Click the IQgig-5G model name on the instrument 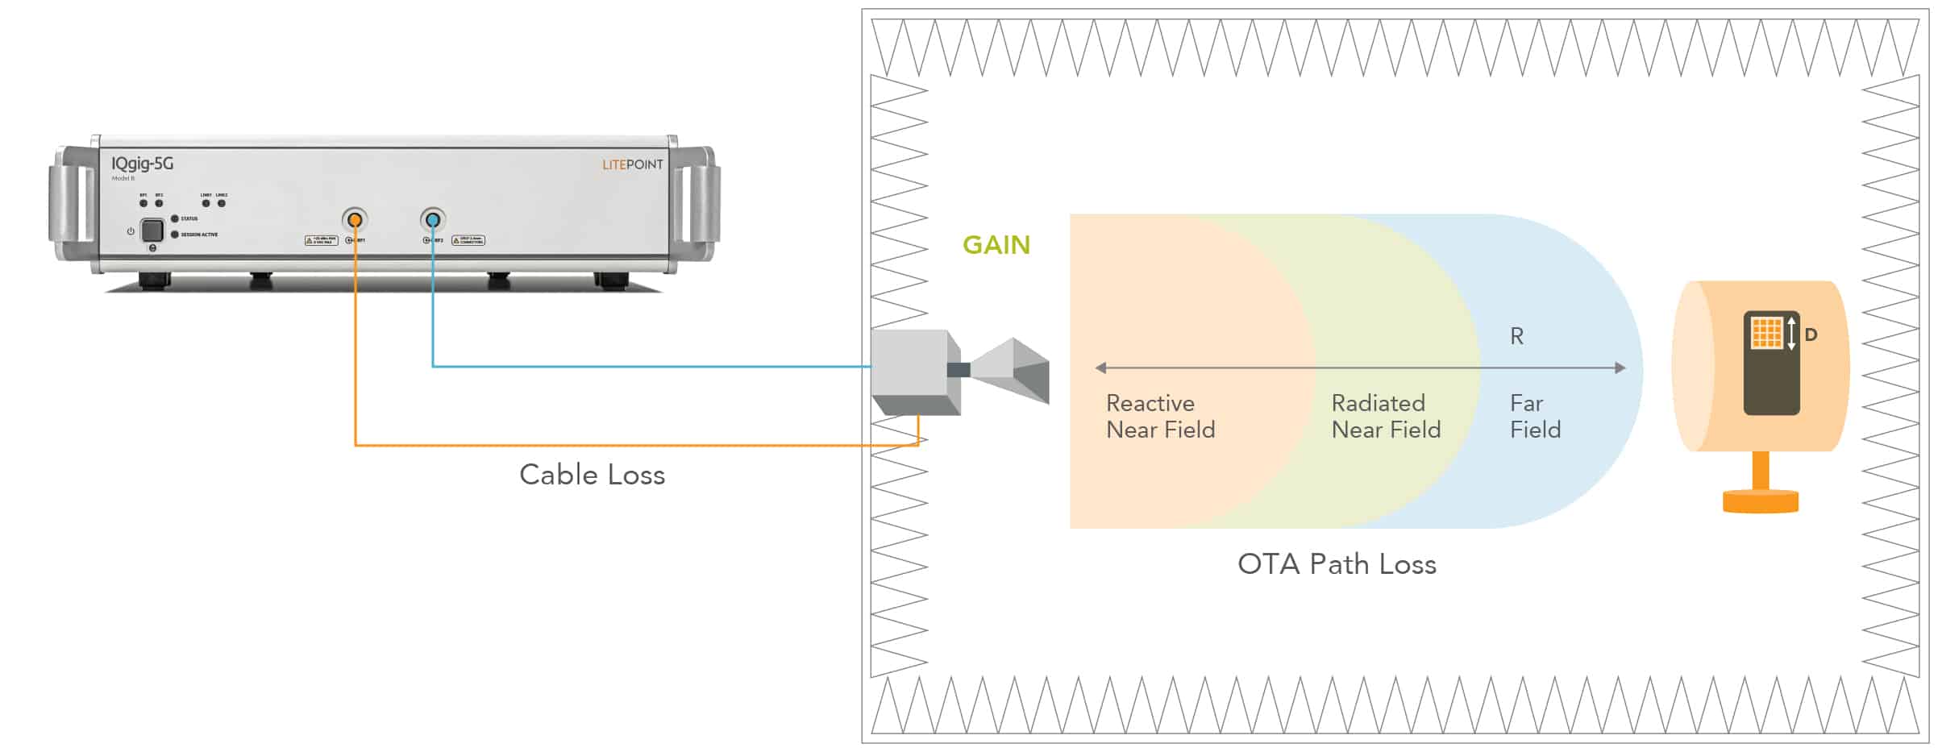click(x=142, y=164)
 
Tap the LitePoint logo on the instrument click(x=632, y=164)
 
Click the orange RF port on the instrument click(x=355, y=219)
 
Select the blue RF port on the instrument click(x=433, y=219)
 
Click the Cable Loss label click(x=592, y=475)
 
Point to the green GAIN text click(x=996, y=245)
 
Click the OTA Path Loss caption click(x=1337, y=564)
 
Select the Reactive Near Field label click(x=1160, y=416)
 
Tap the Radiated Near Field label click(x=1386, y=416)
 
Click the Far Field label click(x=1535, y=416)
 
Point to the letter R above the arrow click(x=1516, y=336)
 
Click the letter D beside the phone click(x=1811, y=334)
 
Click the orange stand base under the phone click(x=1761, y=501)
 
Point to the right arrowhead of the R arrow click(x=1620, y=368)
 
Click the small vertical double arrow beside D click(x=1791, y=333)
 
